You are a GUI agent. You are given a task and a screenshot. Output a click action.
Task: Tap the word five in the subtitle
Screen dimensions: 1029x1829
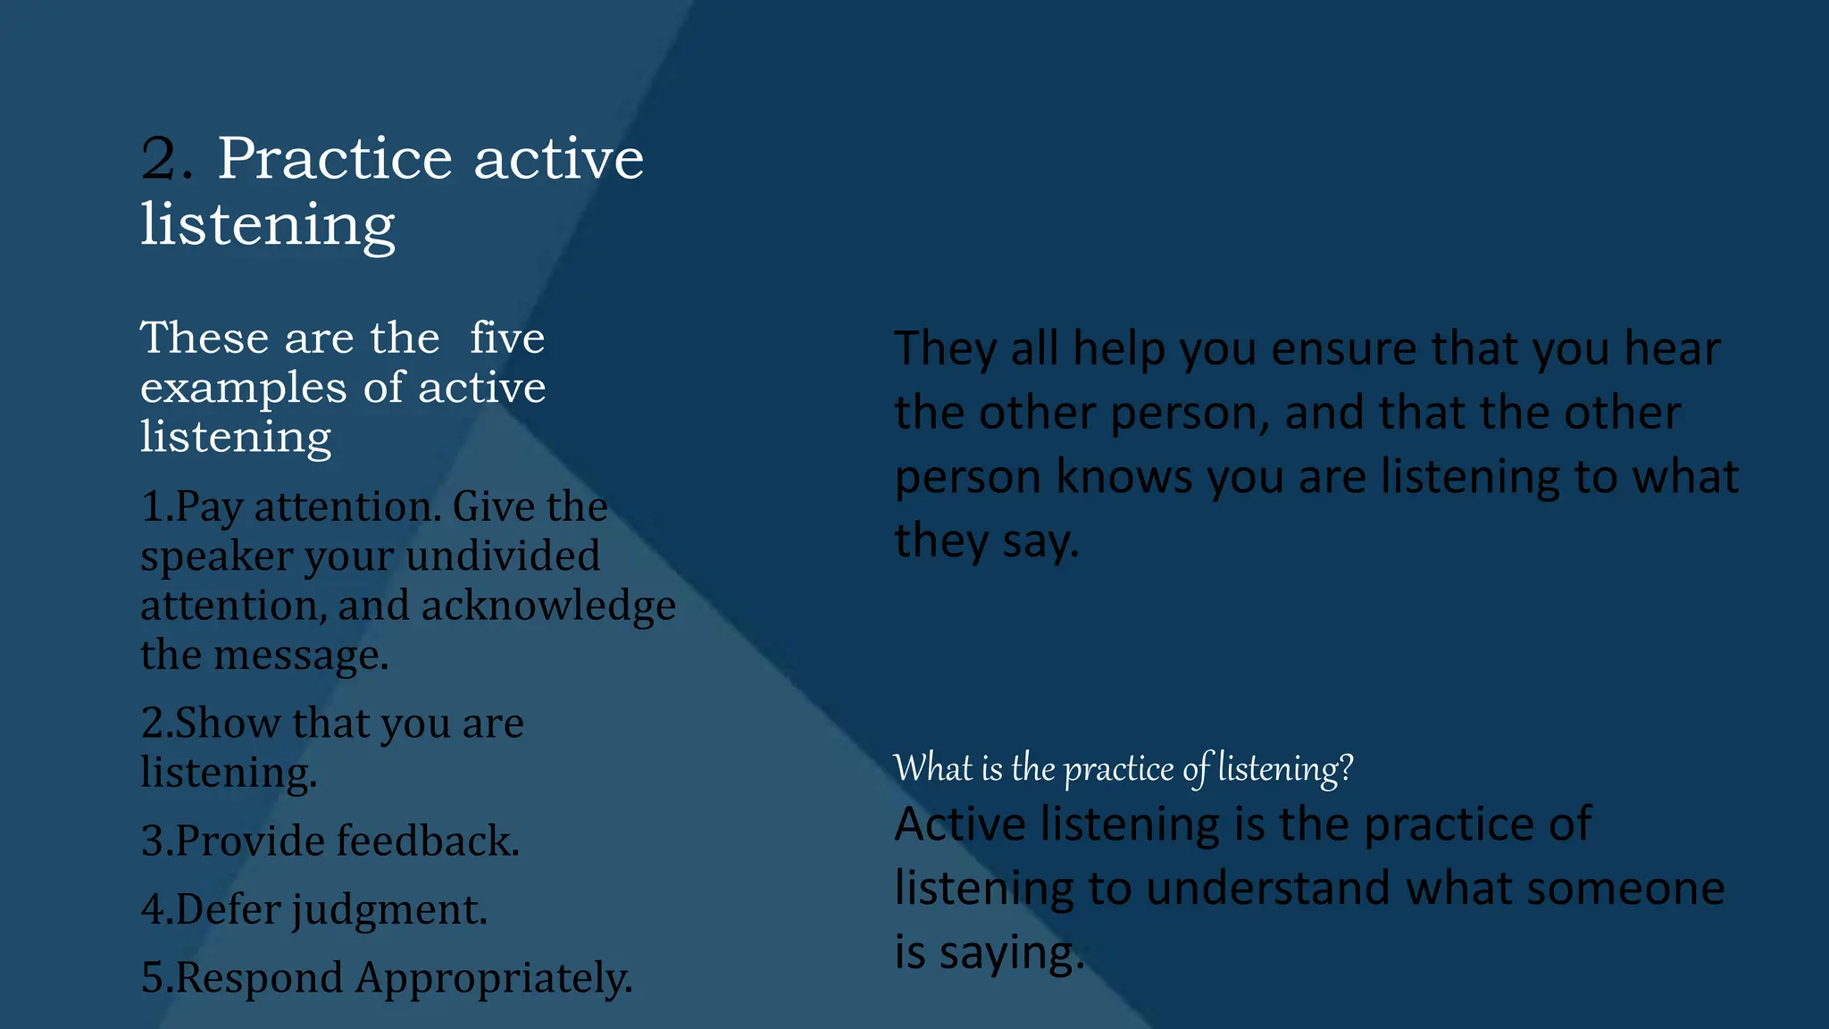point(507,339)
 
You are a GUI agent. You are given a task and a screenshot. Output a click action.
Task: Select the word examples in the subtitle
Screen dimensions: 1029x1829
point(243,389)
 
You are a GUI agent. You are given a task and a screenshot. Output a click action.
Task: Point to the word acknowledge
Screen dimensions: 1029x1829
point(548,606)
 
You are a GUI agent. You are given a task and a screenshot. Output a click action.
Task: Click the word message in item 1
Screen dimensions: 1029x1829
point(301,656)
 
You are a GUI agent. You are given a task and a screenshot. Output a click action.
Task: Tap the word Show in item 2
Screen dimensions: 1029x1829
point(228,723)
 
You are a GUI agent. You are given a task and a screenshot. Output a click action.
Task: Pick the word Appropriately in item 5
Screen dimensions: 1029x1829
point(494,978)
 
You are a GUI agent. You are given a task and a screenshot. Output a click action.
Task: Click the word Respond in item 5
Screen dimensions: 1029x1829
point(259,978)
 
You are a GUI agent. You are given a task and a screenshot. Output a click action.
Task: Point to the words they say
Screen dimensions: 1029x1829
point(986,541)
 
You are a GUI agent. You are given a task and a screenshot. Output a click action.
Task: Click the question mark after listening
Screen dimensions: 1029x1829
point(1346,768)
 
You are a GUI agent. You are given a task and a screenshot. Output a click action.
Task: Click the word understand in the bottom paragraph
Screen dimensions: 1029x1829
point(1267,889)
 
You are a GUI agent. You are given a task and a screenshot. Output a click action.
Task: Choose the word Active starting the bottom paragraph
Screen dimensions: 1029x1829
point(960,824)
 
